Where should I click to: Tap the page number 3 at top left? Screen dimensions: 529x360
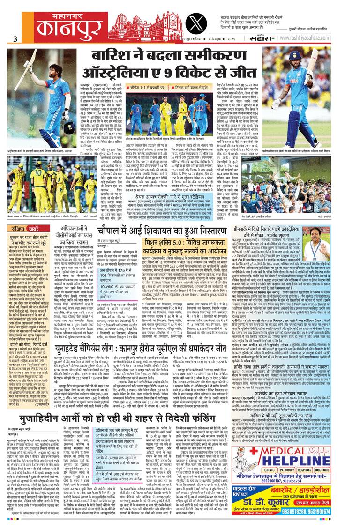click(15, 39)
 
